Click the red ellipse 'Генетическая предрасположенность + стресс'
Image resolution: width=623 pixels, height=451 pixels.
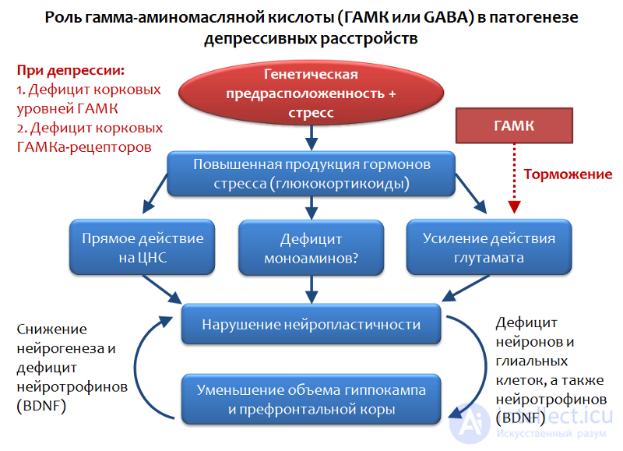[311, 93]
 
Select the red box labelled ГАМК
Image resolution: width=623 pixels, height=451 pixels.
[514, 125]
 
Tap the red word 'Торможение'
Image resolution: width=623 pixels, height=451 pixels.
[568, 174]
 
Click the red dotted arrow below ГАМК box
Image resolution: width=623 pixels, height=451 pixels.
[514, 179]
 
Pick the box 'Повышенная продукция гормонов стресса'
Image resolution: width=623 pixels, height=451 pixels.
[311, 174]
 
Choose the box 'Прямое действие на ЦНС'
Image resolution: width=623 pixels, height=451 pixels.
[143, 247]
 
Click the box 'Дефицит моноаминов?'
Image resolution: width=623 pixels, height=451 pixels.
[311, 248]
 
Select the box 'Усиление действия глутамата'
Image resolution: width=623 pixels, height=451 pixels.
[489, 247]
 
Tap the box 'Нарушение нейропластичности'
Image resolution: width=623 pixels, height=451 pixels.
[311, 324]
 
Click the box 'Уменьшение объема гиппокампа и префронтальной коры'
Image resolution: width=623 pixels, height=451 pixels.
[311, 399]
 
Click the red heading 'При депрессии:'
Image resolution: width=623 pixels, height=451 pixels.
[71, 70]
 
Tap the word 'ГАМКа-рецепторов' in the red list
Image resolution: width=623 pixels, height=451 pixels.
[84, 147]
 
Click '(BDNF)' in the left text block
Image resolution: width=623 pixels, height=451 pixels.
[41, 406]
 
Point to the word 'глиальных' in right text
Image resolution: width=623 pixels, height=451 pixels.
[532, 361]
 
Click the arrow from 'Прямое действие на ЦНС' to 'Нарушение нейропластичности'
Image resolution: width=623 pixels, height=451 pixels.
[162, 289]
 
